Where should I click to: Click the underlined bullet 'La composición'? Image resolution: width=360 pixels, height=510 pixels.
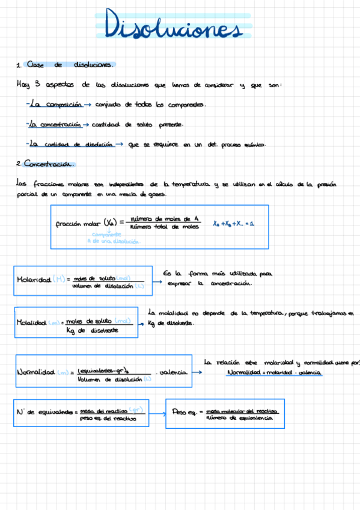55,104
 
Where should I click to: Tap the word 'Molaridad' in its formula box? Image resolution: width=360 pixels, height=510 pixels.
34,280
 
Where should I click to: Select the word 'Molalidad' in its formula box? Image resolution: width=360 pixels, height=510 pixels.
32,322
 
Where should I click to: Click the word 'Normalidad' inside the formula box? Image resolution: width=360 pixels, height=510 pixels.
37,373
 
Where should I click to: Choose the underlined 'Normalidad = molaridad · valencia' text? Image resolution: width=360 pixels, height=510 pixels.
275,373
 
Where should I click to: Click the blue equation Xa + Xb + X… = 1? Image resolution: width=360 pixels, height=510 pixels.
234,224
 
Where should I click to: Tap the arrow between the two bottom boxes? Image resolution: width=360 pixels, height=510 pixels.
157,414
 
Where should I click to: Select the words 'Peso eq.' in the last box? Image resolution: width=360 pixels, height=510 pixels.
184,413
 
